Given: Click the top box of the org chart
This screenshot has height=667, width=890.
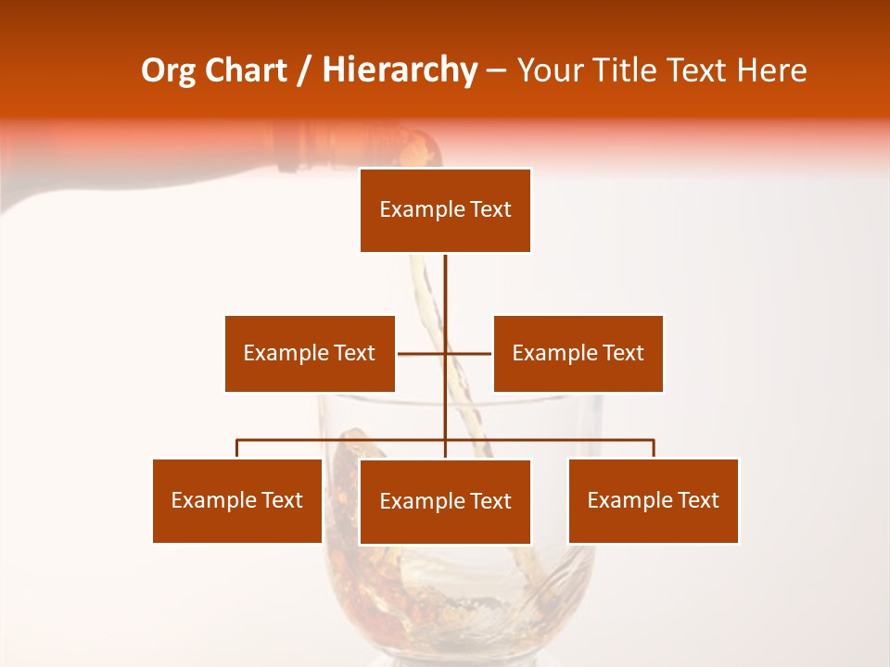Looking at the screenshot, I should point(445,210).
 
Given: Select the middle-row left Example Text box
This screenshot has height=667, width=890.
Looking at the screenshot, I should point(310,353).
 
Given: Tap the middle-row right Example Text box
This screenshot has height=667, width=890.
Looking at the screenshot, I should point(578,353).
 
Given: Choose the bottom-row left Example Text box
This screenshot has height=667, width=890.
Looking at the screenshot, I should point(236,500).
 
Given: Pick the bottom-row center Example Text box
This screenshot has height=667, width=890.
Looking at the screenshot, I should point(445,501).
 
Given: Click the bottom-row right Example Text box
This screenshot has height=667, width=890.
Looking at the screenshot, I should point(653,500).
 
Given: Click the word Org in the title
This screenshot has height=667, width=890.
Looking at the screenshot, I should point(170,70).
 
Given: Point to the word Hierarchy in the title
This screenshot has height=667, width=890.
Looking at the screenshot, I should point(400,70).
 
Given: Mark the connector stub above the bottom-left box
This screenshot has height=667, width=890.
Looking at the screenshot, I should point(237,448).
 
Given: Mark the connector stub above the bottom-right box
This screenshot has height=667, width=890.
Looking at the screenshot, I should point(654,448).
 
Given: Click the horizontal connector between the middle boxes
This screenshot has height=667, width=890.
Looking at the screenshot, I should point(445,353).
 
